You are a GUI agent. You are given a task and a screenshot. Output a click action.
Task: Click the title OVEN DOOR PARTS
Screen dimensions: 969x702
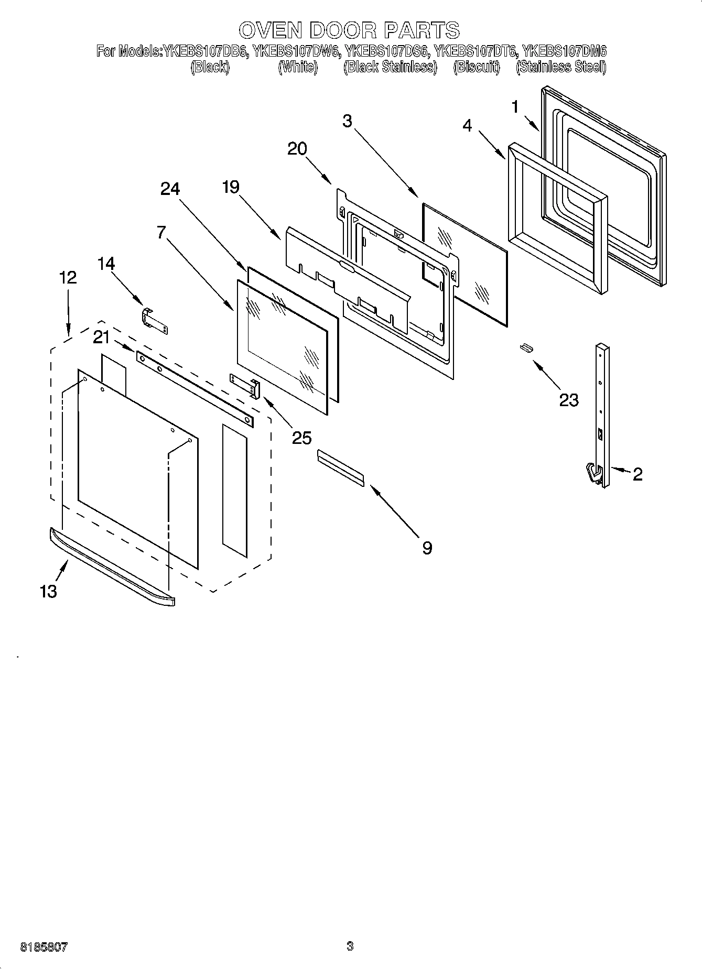(x=350, y=30)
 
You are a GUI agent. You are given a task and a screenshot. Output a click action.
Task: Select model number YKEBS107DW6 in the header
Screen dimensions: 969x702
(x=296, y=52)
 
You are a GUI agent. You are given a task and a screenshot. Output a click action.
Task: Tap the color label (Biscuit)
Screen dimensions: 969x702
(x=477, y=67)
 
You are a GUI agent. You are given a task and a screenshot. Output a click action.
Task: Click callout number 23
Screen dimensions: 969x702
(x=568, y=400)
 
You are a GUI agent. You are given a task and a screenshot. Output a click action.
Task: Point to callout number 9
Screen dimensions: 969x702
(x=427, y=548)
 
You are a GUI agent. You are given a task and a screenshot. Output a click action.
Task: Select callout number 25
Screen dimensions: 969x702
(x=302, y=438)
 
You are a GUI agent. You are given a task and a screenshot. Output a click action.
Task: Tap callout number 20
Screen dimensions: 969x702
(x=297, y=149)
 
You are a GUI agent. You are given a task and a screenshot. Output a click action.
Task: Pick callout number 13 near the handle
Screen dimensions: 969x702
(x=48, y=592)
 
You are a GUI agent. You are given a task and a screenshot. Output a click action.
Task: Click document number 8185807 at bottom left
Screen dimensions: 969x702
(x=44, y=947)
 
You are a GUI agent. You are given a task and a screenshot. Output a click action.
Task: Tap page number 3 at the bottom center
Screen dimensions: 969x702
(x=350, y=946)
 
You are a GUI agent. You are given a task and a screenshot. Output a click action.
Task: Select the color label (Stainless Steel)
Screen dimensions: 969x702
(x=561, y=67)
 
